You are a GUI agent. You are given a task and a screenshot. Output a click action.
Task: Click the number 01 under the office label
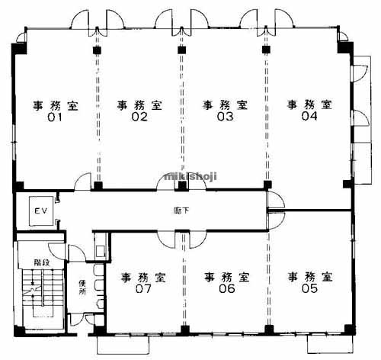(55, 117)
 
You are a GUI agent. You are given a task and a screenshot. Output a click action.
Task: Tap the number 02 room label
(139, 117)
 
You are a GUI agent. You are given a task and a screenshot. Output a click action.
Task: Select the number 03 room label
(225, 117)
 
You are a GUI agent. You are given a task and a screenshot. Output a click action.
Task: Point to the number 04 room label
(309, 116)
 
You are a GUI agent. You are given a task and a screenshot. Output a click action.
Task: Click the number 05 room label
(309, 288)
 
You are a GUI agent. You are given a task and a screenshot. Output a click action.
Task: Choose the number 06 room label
(227, 288)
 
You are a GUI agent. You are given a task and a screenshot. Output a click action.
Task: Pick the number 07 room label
(143, 288)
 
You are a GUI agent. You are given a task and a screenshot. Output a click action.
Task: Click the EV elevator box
(41, 211)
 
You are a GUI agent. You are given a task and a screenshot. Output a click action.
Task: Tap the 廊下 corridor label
(181, 211)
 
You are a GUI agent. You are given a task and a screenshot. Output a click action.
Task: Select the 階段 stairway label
(42, 262)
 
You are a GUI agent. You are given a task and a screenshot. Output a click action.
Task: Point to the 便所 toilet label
(82, 287)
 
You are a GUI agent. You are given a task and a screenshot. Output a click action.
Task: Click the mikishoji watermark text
(190, 176)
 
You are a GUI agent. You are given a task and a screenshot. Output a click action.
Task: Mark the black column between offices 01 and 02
(97, 50)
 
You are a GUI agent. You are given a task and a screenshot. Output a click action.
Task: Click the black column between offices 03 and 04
(266, 50)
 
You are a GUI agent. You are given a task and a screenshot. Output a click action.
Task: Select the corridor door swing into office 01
(82, 181)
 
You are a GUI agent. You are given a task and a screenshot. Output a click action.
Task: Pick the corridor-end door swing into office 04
(276, 201)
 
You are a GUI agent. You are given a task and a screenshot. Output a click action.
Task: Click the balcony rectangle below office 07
(123, 345)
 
